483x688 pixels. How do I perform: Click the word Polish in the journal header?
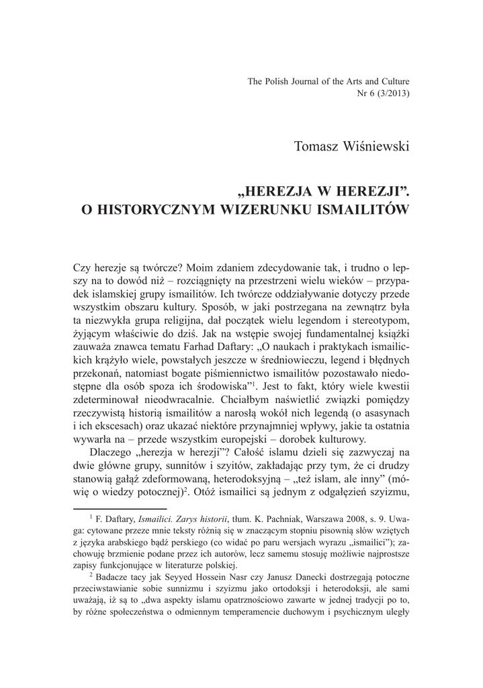click(x=281, y=82)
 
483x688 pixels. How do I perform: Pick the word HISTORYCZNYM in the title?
click(x=159, y=209)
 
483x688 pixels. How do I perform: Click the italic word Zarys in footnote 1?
click(x=197, y=521)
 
